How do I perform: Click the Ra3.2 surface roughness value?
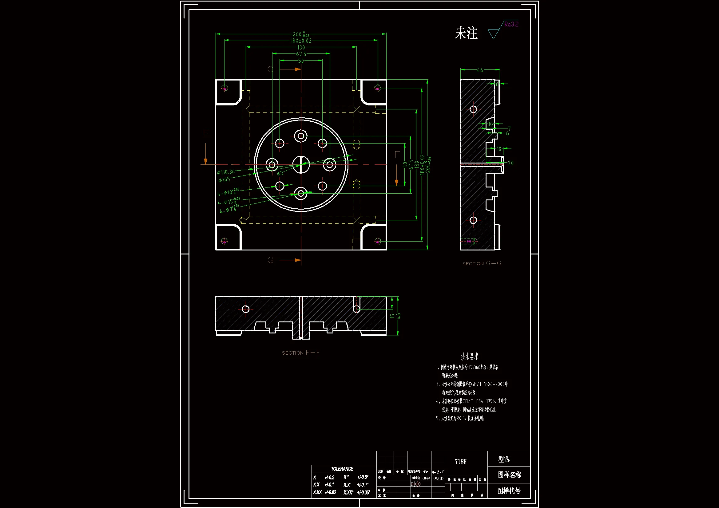tap(511, 24)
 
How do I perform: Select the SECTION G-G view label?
tap(482, 264)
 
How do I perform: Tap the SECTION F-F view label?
tap(301, 353)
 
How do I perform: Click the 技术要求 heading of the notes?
tap(469, 356)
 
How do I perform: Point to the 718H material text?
tap(460, 462)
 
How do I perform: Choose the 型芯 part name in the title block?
tap(504, 459)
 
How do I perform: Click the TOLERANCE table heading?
tap(342, 469)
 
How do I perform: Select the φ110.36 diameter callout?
tap(226, 172)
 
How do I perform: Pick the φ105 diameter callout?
tap(224, 180)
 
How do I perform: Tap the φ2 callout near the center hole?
tap(280, 173)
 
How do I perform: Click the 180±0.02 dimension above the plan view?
tap(301, 41)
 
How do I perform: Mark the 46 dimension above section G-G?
tap(480, 70)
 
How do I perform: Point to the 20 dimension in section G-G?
tap(510, 163)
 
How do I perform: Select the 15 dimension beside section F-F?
tap(392, 316)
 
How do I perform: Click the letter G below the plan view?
tap(271, 260)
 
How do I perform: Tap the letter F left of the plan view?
tap(206, 133)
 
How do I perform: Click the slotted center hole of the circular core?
tap(301, 164)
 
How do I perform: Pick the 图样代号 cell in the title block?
tap(509, 491)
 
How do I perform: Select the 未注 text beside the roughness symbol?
tap(466, 33)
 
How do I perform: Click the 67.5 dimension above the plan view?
tap(301, 54)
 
